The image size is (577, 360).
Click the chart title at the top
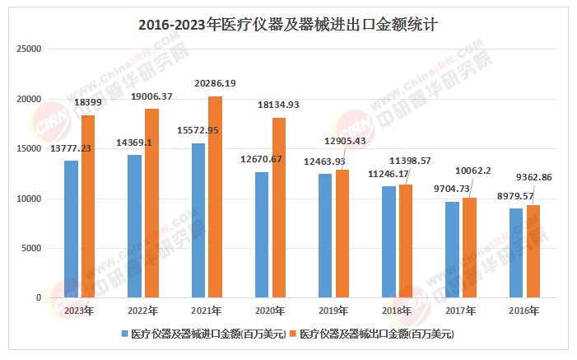[287, 25]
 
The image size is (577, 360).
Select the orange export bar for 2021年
[215, 197]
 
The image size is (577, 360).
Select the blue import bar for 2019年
[325, 236]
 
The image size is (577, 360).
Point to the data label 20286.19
[215, 83]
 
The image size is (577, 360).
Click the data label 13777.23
[71, 147]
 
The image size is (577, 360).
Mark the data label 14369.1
[135, 142]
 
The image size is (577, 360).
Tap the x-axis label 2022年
[143, 311]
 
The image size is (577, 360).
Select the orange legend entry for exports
[374, 334]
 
